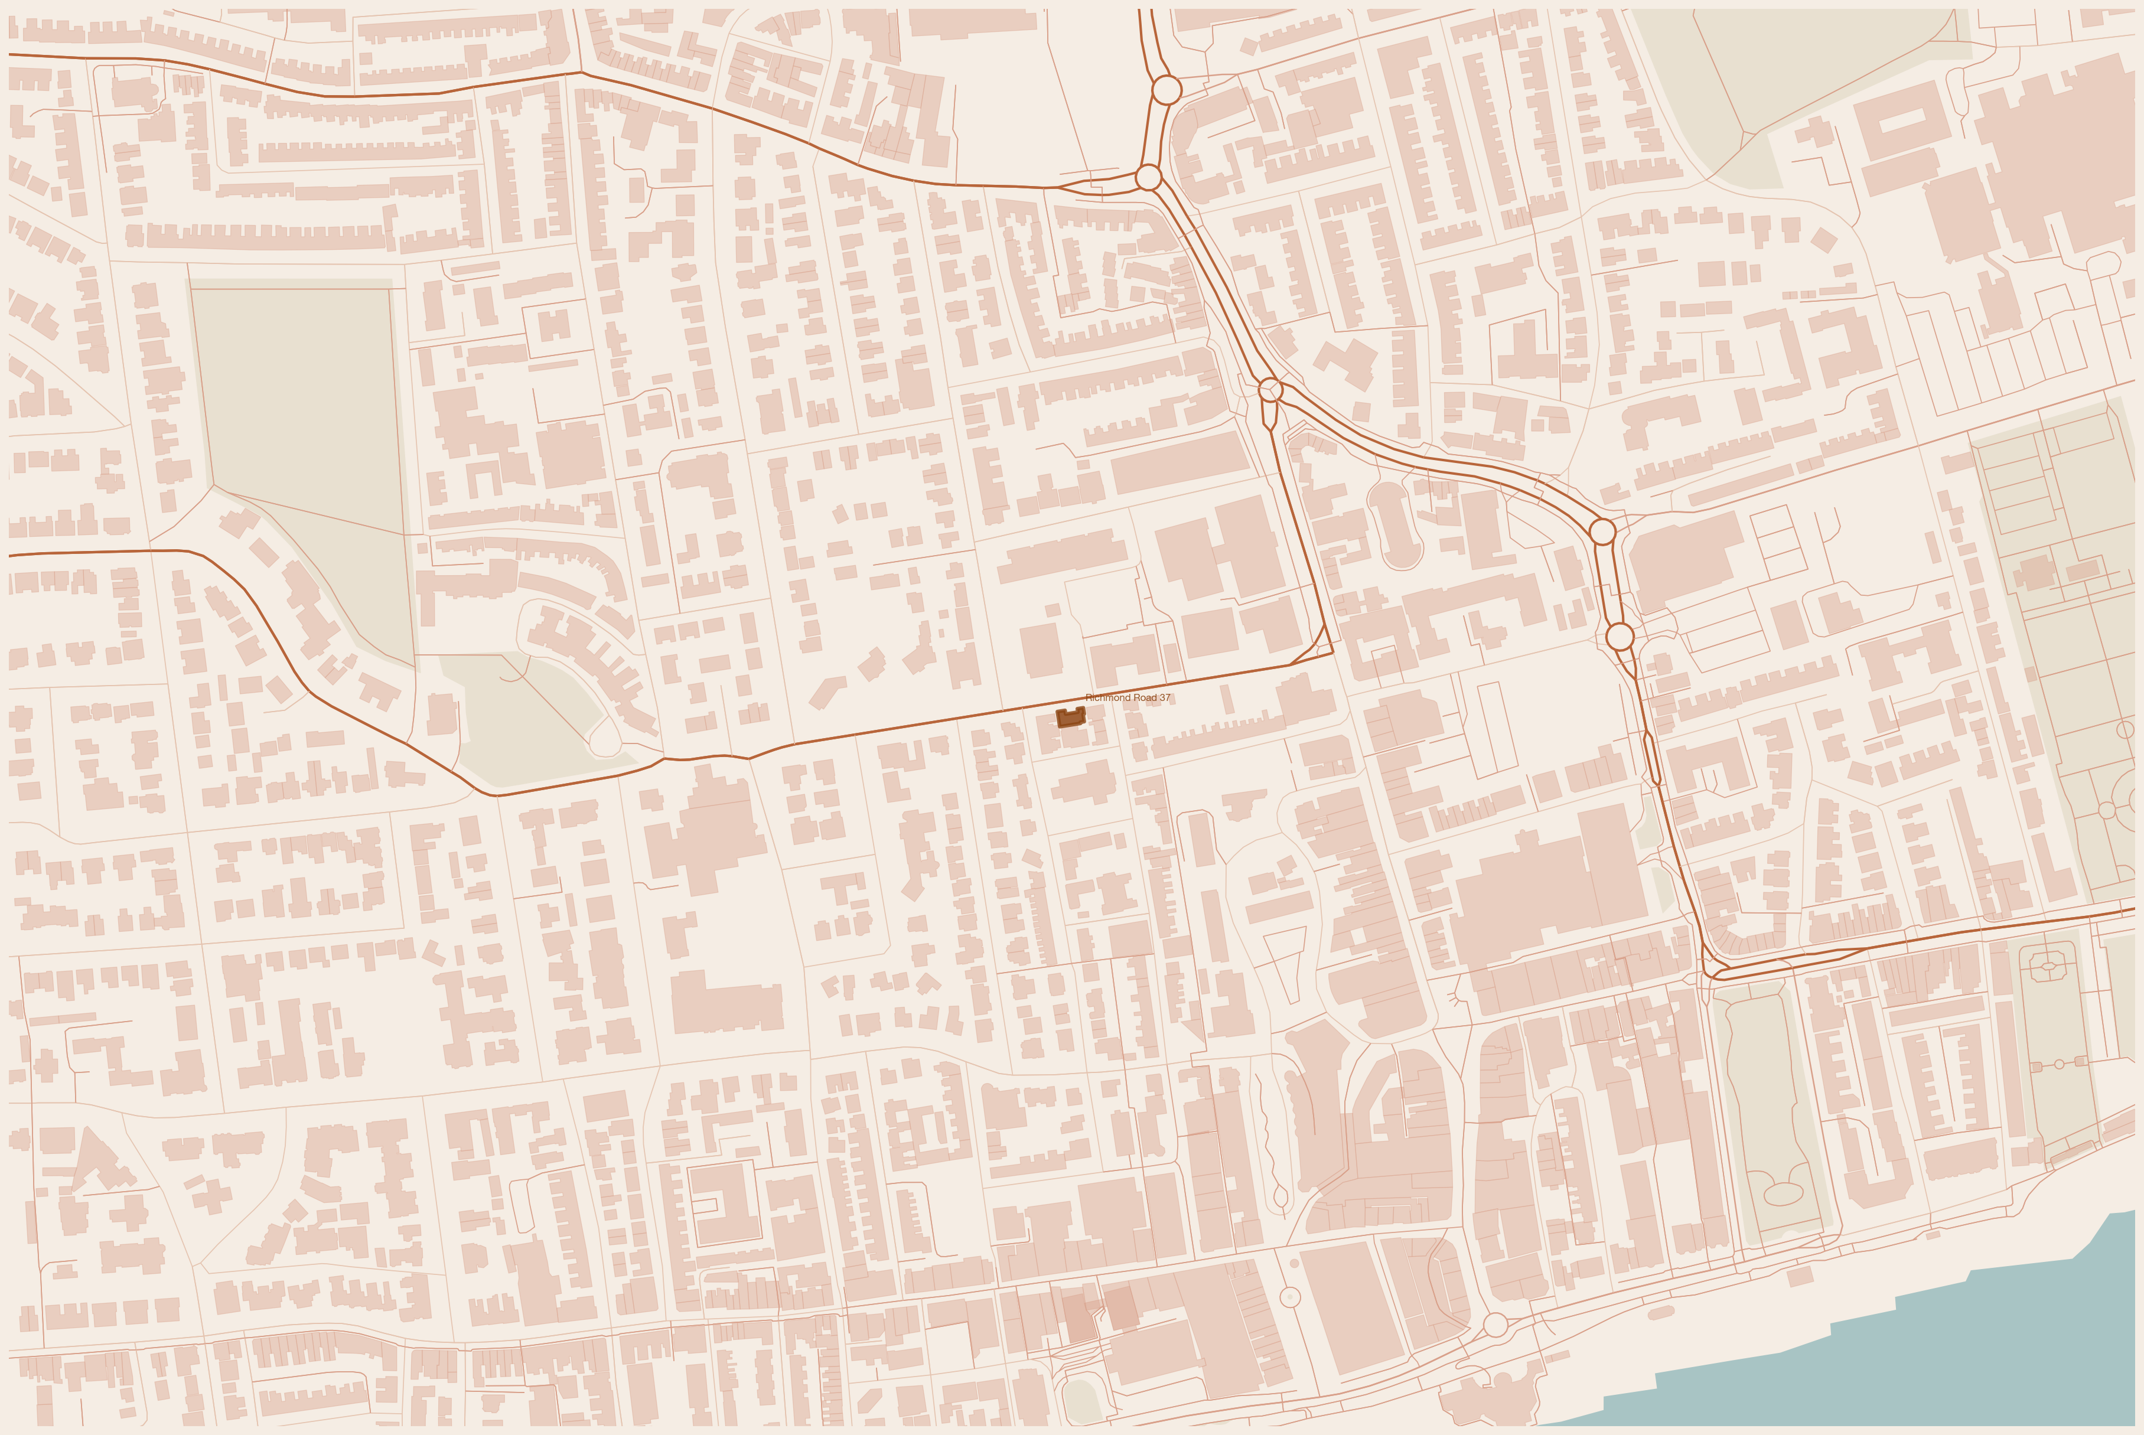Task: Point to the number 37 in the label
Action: pyautogui.click(x=1164, y=697)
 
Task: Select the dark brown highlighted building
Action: pyautogui.click(x=1070, y=717)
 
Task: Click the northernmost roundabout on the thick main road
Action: pyautogui.click(x=1166, y=90)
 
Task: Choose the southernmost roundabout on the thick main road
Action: pyautogui.click(x=1619, y=636)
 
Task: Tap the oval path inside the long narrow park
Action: pyautogui.click(x=1781, y=1192)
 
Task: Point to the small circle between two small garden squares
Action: pyautogui.click(x=2059, y=1064)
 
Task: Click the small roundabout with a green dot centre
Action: pyautogui.click(x=1289, y=1297)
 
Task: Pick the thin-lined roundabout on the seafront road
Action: pyautogui.click(x=1495, y=1324)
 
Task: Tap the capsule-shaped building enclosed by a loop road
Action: pyautogui.click(x=1394, y=523)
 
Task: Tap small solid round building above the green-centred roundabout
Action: pyautogui.click(x=1294, y=1264)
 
